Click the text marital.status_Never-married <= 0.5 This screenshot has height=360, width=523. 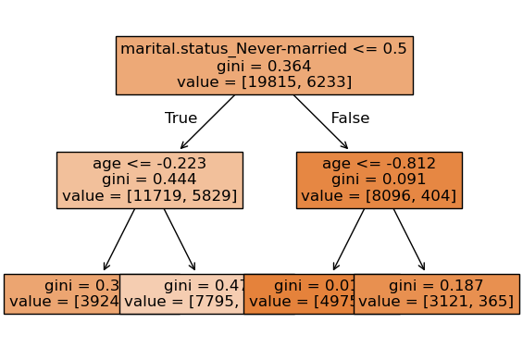(264, 49)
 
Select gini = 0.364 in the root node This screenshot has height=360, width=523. (264, 66)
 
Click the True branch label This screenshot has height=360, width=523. (181, 118)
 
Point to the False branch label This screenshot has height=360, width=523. (350, 118)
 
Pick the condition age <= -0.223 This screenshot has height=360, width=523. (149, 164)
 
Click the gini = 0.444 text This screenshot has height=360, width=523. (149, 180)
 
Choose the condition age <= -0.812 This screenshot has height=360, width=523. (379, 164)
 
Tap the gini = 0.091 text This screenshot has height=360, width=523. (379, 180)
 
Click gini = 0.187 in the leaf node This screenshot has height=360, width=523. (436, 286)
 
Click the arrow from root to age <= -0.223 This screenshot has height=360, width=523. (208, 121)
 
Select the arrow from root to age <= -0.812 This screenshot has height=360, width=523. (320, 121)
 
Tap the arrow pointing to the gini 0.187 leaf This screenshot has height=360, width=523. (409, 240)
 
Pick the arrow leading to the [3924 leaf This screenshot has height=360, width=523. (119, 240)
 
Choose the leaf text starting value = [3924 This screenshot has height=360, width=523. (65, 302)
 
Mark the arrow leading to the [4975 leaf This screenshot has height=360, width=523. (349, 240)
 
